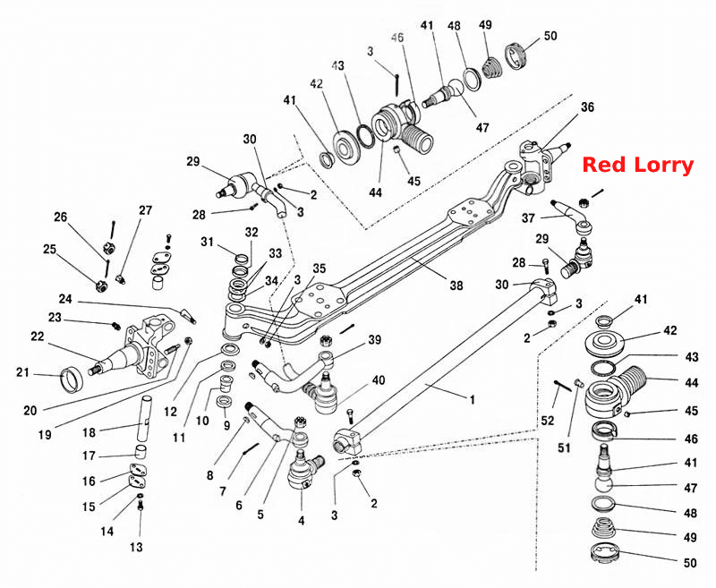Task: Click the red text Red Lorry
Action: pos(638,165)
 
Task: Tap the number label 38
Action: pos(456,285)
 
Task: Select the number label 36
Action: pos(587,107)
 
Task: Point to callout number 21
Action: pos(22,373)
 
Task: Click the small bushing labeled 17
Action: pos(142,451)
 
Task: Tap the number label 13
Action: pos(136,547)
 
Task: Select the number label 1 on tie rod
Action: pos(473,400)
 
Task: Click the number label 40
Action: pos(378,380)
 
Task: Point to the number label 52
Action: pos(548,420)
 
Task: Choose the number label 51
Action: pos(565,447)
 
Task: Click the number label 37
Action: pos(528,218)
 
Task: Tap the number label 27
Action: pos(145,210)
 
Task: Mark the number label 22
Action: pos(37,337)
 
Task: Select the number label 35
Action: pos(319,268)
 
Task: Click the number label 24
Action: pos(65,299)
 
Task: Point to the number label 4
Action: pos(301,521)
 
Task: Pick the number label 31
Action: pos(208,242)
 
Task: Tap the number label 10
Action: pos(202,421)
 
